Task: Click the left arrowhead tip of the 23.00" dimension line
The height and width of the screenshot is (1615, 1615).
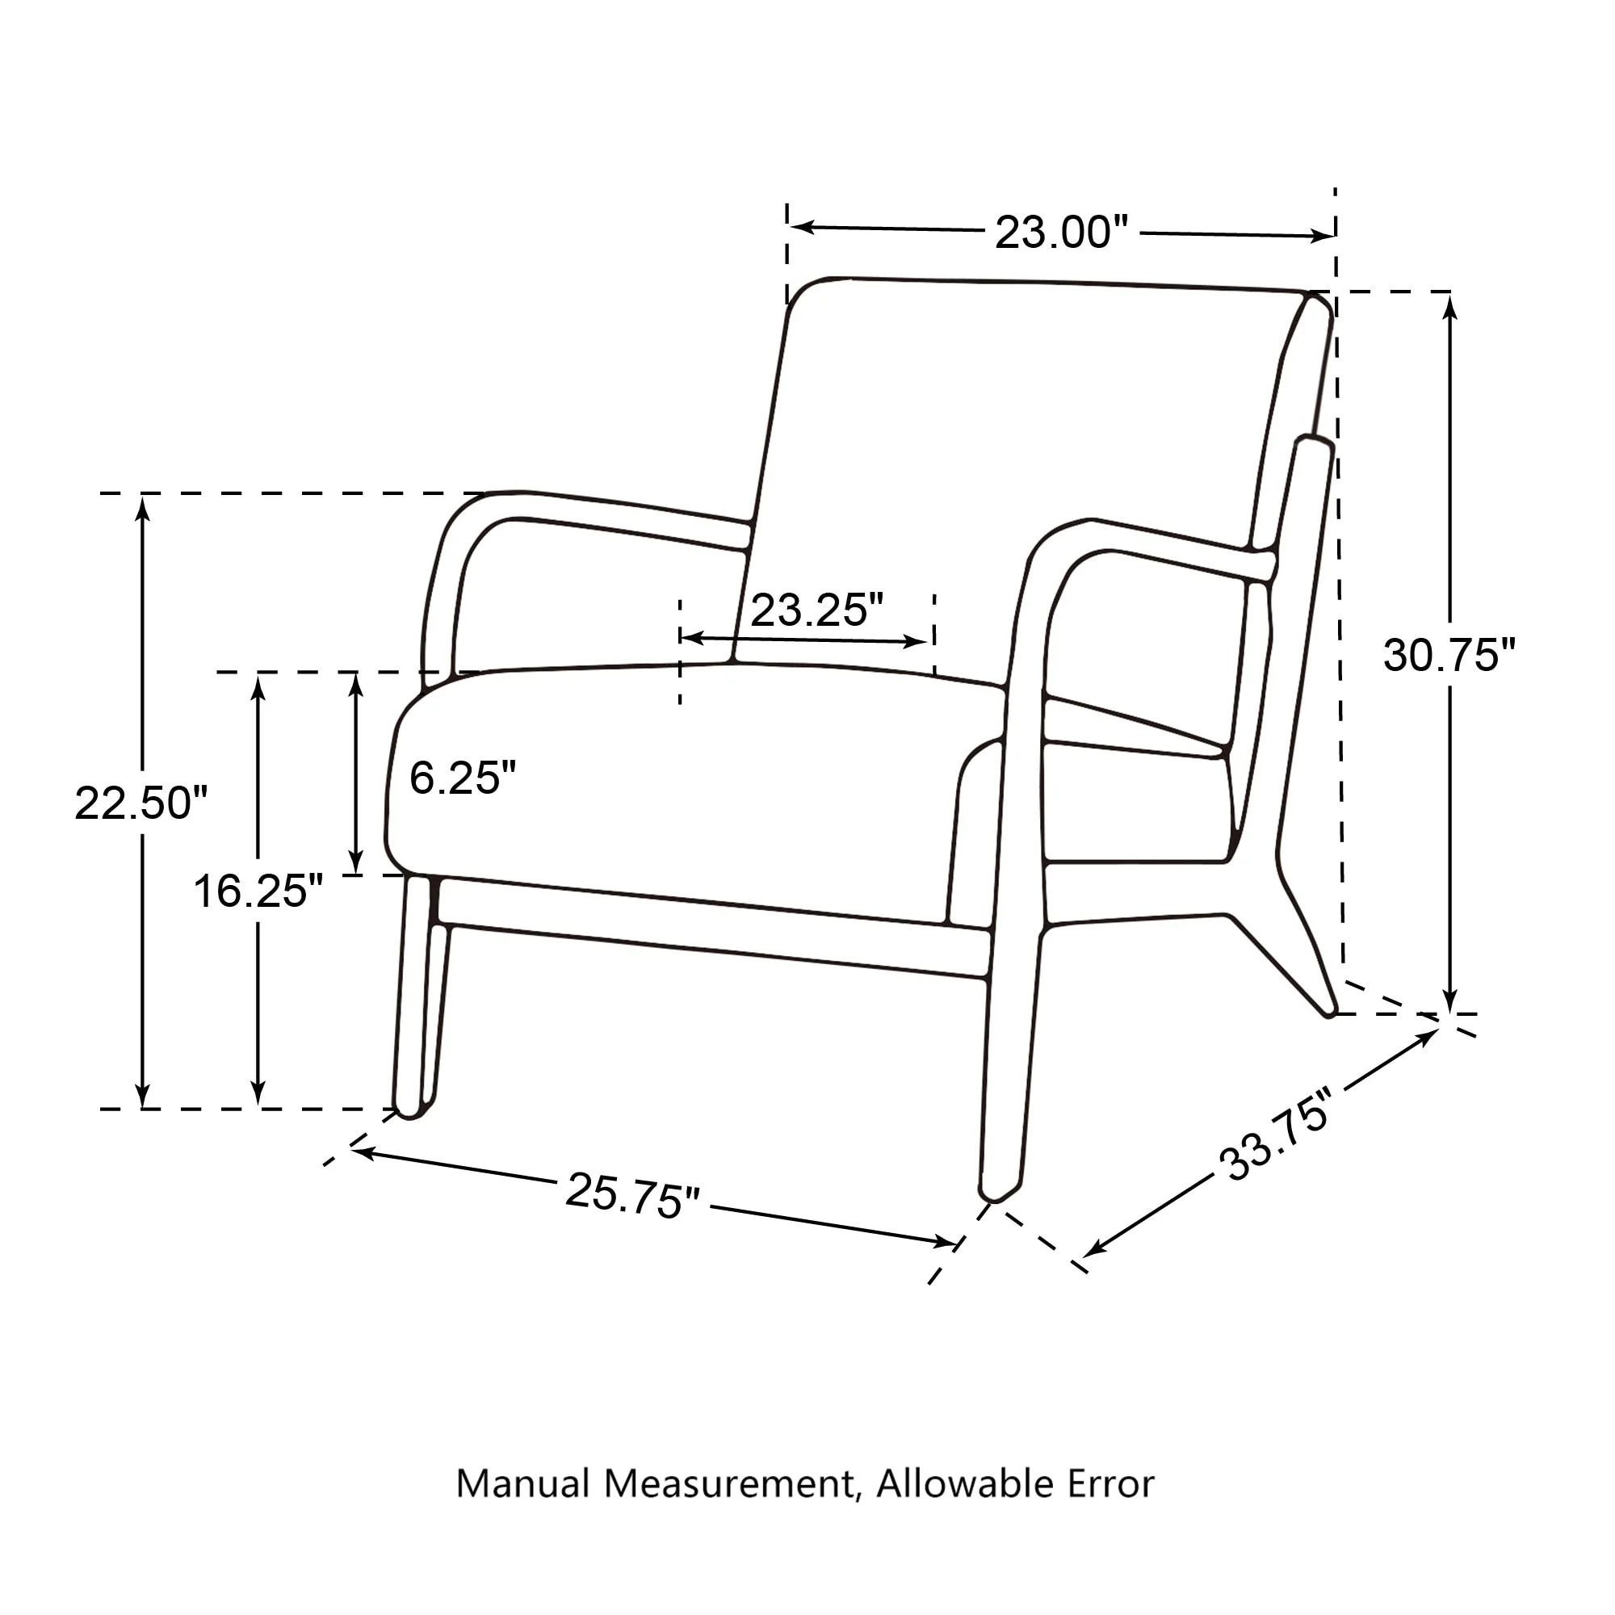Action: pyautogui.click(x=791, y=226)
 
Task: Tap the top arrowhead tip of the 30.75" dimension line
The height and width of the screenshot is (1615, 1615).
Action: pyautogui.click(x=1451, y=296)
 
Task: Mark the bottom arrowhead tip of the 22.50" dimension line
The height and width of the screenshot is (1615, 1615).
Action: pyautogui.click(x=143, y=1108)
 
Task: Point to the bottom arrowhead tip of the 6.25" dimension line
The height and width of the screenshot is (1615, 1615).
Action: pyautogui.click(x=356, y=874)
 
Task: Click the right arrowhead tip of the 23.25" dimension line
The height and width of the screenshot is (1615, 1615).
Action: pyautogui.click(x=929, y=642)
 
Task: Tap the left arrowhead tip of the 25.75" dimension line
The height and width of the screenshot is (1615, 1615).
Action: pyautogui.click(x=351, y=1150)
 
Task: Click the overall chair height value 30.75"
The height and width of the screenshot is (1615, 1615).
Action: pyautogui.click(x=1449, y=656)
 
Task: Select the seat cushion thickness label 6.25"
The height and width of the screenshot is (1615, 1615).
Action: pyautogui.click(x=462, y=778)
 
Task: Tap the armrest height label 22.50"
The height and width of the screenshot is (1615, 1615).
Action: pyautogui.click(x=141, y=803)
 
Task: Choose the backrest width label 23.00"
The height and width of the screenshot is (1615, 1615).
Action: pyautogui.click(x=1061, y=232)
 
